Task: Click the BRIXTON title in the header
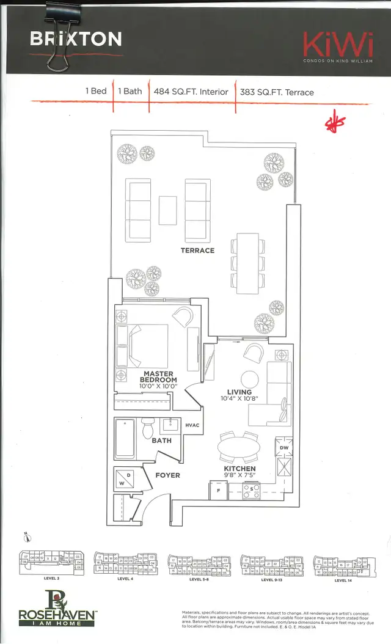pos(76,40)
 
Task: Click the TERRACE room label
pos(197,251)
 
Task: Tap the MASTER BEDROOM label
pos(159,378)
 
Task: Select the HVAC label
pos(193,425)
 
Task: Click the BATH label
pos(162,441)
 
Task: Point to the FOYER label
pos(167,475)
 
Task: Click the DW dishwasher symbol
pos(283,446)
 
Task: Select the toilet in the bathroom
pos(148,429)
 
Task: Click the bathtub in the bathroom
pos(125,439)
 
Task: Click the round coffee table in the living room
pos(249,379)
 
